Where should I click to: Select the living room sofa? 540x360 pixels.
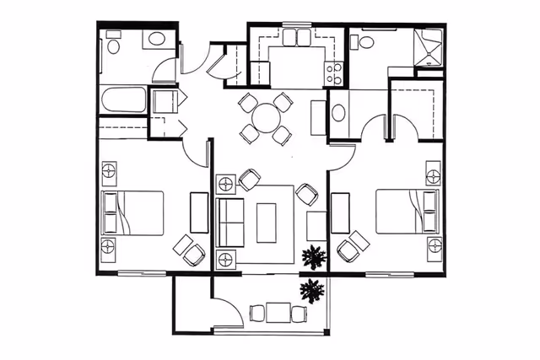pos(230,220)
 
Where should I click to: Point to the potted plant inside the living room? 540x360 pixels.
pos(314,256)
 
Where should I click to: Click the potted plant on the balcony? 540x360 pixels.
pos(312,292)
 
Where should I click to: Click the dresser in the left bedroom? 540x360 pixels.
pos(199,212)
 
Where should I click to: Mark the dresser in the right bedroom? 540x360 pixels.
pos(341,212)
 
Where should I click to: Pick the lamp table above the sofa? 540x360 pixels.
pos(225,183)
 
